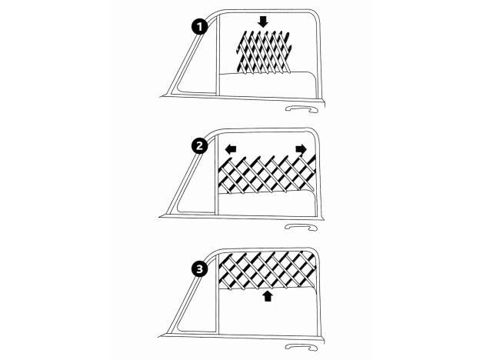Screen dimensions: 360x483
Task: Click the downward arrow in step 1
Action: [263, 22]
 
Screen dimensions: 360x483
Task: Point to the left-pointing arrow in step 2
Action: [231, 148]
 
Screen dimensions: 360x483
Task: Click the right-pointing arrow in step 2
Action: [300, 148]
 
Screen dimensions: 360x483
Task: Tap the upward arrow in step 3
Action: [267, 296]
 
